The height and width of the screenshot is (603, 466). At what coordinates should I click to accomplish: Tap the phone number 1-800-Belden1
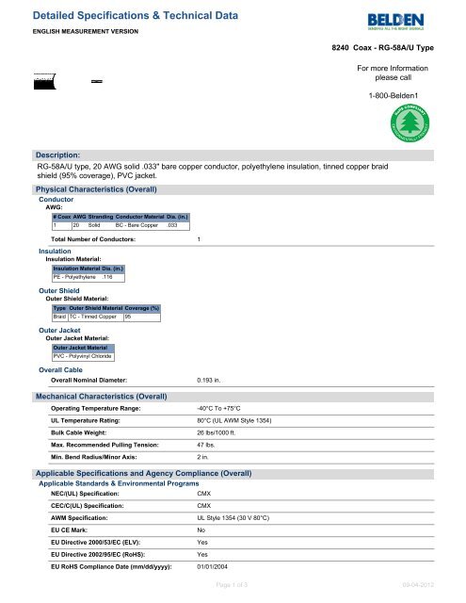click(401, 97)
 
